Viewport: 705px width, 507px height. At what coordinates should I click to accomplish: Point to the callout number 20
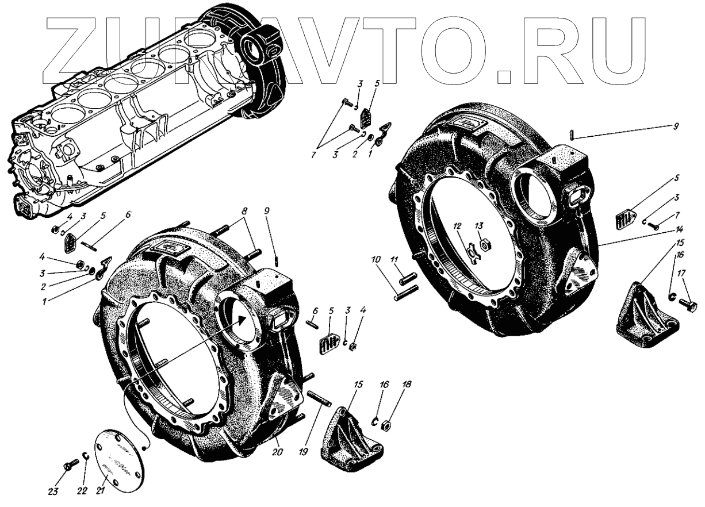(277, 452)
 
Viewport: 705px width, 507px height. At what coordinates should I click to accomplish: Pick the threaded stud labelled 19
(319, 398)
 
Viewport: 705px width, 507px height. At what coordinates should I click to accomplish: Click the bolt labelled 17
(687, 304)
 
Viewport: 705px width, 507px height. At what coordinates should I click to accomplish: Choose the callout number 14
(679, 230)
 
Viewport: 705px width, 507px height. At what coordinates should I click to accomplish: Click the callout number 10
(376, 260)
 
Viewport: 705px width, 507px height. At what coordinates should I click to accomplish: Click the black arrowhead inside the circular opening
(241, 321)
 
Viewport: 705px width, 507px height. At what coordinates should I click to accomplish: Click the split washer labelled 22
(85, 465)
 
